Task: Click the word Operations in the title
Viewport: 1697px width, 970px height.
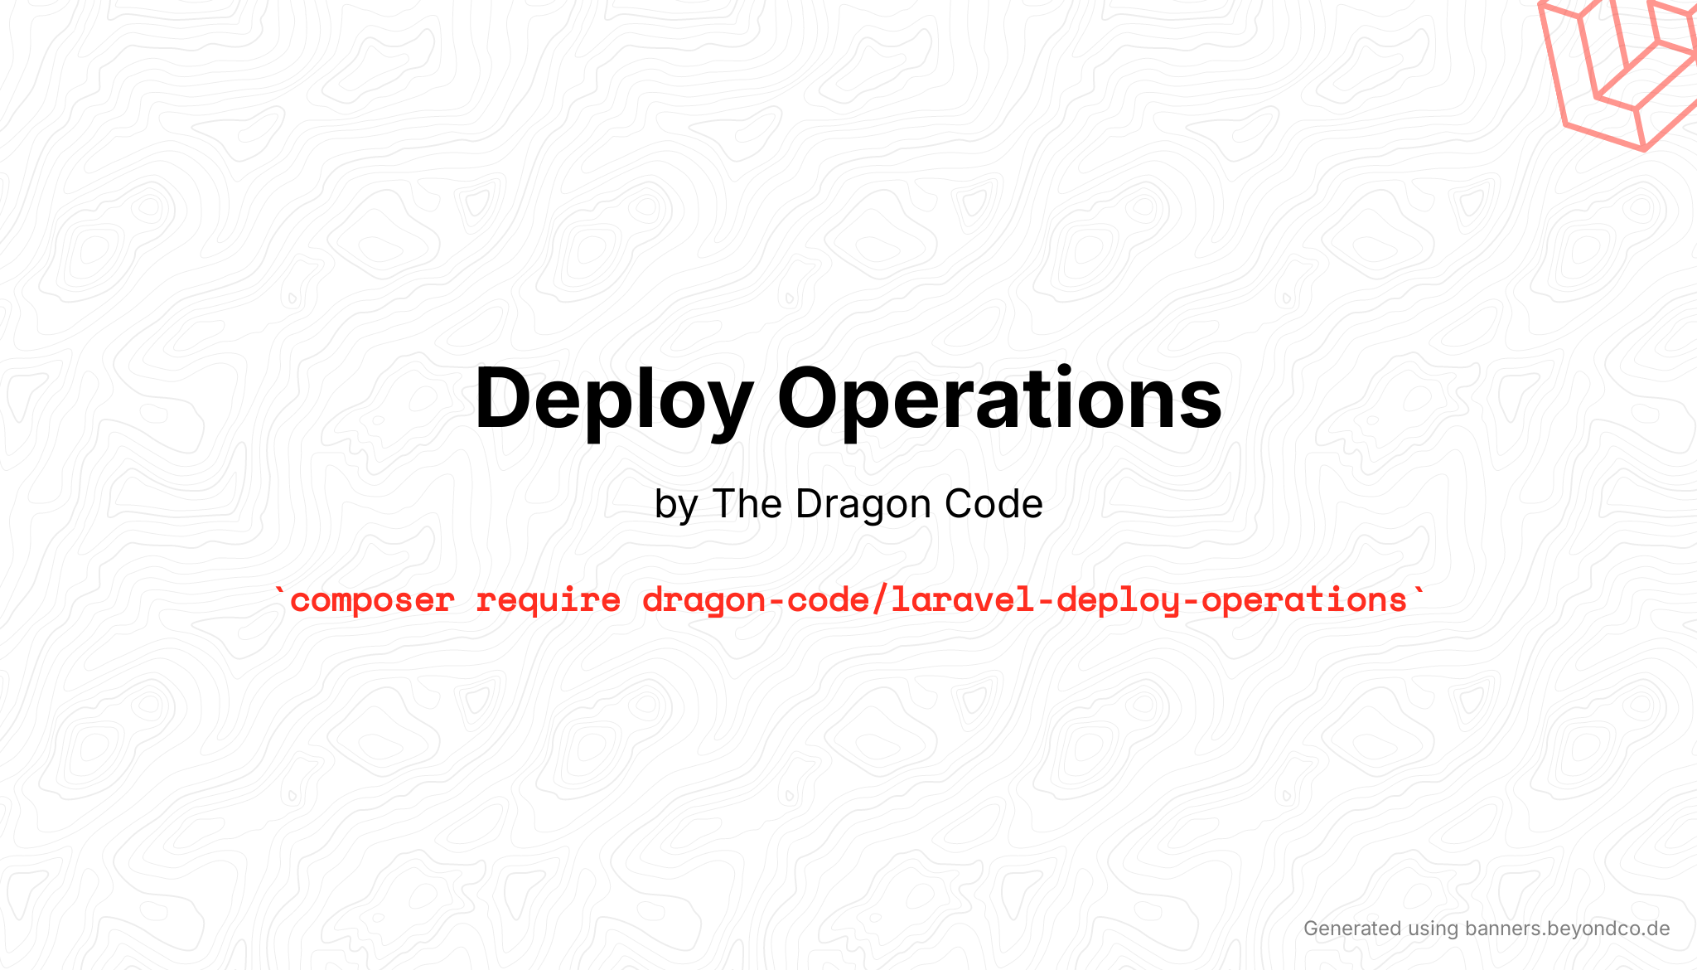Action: [998, 400]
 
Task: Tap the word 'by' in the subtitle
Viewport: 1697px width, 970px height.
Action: [675, 505]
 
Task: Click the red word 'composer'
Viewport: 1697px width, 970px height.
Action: [372, 600]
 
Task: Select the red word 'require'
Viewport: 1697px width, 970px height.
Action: [548, 600]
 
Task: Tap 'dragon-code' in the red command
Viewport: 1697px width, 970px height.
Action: [755, 600]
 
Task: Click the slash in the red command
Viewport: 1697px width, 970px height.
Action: [880, 600]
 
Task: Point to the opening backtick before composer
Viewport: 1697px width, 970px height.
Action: [279, 592]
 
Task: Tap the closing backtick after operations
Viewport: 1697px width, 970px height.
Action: [1419, 592]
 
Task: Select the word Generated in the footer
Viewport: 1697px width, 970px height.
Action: [1351, 929]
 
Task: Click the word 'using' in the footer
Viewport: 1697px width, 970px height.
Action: [1433, 929]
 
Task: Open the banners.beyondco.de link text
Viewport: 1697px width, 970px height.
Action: [1567, 929]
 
